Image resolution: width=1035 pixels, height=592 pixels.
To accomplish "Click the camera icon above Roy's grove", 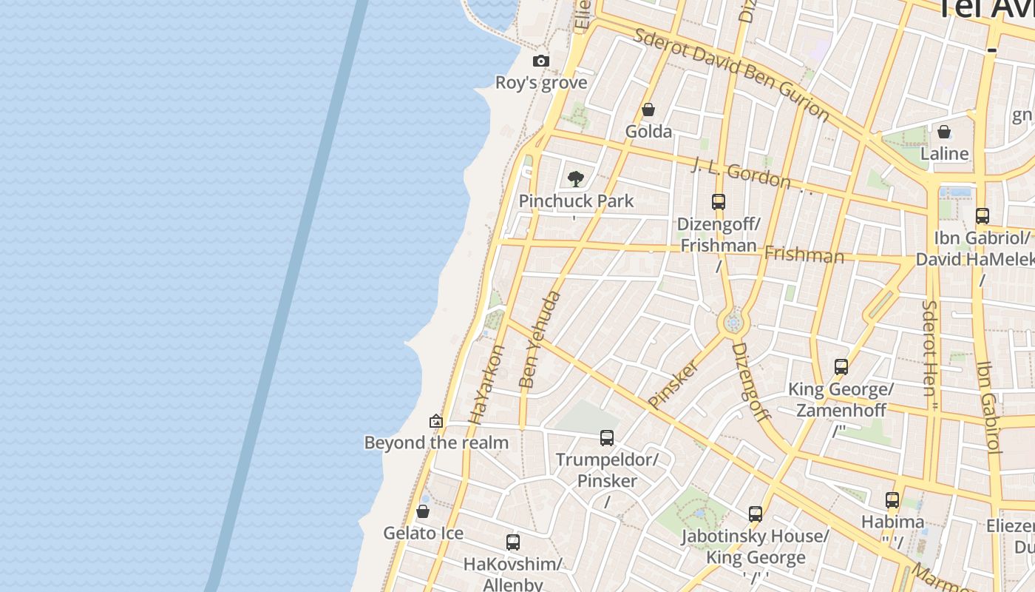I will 541,61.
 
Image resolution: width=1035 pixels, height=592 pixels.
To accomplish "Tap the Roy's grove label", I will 541,83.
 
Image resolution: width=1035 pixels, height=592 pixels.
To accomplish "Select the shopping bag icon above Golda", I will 648,110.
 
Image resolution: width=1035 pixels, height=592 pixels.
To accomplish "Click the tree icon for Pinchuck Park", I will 576,179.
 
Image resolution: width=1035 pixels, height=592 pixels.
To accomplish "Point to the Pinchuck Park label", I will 576,201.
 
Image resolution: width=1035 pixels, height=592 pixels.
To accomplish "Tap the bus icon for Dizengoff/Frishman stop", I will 718,201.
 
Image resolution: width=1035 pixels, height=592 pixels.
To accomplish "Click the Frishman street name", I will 804,255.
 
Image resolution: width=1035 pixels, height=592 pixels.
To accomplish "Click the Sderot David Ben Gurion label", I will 732,73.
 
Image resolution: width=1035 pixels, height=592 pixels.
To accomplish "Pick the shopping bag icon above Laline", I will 944,132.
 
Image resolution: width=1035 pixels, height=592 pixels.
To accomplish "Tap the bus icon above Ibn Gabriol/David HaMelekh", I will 982,216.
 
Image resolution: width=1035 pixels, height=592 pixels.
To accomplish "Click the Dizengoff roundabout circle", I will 733,323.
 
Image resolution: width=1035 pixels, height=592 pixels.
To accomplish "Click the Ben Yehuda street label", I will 539,340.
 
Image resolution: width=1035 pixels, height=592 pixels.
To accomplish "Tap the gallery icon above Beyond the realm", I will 436,421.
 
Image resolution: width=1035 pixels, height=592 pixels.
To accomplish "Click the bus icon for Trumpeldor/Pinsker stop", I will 607,438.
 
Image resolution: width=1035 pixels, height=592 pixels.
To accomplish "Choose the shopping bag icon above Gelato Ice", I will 423,511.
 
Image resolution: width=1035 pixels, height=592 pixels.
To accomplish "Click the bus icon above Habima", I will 892,500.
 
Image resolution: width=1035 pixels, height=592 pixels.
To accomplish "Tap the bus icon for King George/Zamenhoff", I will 841,367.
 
